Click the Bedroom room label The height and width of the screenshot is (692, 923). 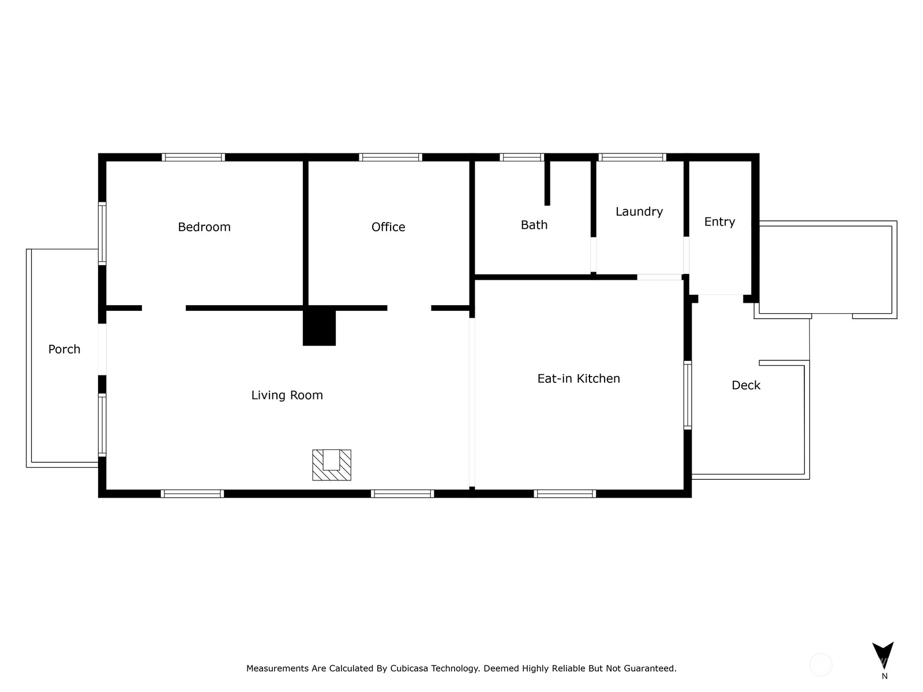coord(204,227)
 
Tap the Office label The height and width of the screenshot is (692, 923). coord(388,227)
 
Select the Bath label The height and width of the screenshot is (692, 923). coord(534,225)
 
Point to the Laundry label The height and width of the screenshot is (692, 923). coord(639,212)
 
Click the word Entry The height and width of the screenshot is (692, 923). coord(719,222)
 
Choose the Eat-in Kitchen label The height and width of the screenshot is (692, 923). coord(579,378)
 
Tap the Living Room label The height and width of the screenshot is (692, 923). coord(287,396)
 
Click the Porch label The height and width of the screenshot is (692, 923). coord(64,349)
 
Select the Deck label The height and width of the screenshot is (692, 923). coord(746,385)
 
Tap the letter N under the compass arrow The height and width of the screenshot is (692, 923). coord(884,676)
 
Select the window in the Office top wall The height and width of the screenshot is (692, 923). coord(391,157)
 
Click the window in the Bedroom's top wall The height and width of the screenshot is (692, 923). coord(193,157)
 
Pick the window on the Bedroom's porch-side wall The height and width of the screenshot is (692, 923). coord(102,234)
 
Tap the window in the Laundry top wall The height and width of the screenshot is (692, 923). coord(632,157)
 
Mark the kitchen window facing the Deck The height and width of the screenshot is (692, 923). coord(688,395)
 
